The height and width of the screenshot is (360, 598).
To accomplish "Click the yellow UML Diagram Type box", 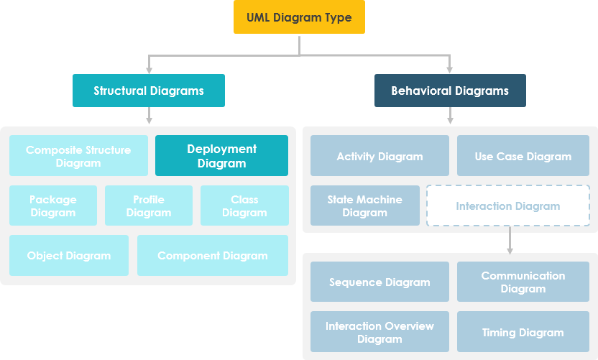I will (x=299, y=17).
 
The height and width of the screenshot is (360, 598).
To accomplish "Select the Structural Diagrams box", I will (x=149, y=91).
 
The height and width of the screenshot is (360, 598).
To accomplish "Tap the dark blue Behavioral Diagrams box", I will (x=450, y=91).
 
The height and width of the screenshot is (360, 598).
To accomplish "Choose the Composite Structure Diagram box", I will (x=78, y=156).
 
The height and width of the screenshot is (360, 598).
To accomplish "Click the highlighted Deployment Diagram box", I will (x=221, y=156).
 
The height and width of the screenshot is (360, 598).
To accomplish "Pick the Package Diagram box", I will (x=53, y=206).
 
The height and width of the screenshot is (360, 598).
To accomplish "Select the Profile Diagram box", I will (x=149, y=206).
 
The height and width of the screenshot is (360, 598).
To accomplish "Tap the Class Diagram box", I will (x=244, y=206).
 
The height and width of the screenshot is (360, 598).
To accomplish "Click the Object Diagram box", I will (x=69, y=255).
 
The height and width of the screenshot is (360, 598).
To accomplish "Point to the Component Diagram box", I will (x=213, y=255).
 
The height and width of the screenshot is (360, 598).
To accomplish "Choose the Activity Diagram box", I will (x=379, y=156).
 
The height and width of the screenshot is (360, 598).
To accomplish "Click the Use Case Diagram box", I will (x=523, y=156).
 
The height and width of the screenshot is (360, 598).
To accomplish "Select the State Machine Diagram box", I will (x=365, y=206).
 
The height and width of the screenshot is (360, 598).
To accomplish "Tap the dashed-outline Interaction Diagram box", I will (x=508, y=206).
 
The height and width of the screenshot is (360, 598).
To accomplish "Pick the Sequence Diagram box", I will (x=379, y=282).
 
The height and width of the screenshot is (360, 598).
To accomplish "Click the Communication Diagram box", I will (x=523, y=282).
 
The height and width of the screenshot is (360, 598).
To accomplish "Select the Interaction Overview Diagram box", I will (x=379, y=331).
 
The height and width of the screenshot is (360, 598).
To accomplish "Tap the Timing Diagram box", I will (x=523, y=331).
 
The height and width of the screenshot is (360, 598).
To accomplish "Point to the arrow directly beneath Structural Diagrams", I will (x=149, y=116).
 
